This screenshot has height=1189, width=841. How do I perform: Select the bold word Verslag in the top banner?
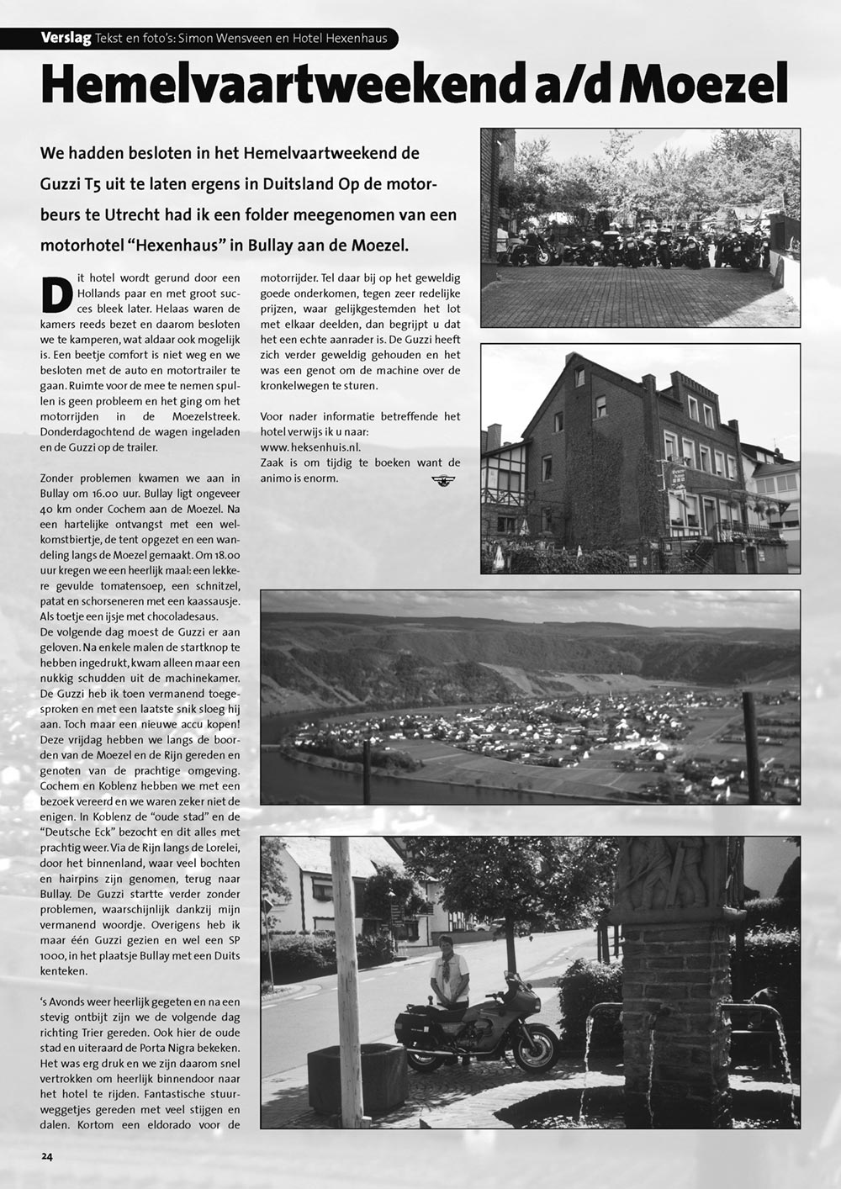[66, 38]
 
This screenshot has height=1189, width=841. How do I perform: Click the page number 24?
[46, 1155]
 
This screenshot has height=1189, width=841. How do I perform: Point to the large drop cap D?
[56, 293]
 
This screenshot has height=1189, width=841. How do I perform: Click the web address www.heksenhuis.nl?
[310, 447]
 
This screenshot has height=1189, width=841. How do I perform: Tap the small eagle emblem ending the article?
[442, 480]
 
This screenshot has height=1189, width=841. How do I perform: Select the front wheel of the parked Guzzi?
[538, 1048]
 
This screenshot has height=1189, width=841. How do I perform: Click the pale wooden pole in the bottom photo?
[347, 975]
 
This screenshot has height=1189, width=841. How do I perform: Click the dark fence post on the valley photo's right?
[751, 748]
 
